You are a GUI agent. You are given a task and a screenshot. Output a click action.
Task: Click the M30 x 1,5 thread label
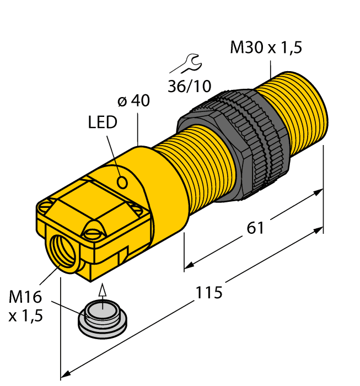[266, 48]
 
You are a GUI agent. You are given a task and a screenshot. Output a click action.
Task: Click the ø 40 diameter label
[134, 101]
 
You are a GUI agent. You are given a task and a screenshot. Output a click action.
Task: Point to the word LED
[103, 122]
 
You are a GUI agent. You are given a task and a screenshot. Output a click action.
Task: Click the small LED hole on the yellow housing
[123, 181]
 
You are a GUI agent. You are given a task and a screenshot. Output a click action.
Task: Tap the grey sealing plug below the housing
[101, 319]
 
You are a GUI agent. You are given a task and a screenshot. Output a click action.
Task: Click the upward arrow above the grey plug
[101, 290]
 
